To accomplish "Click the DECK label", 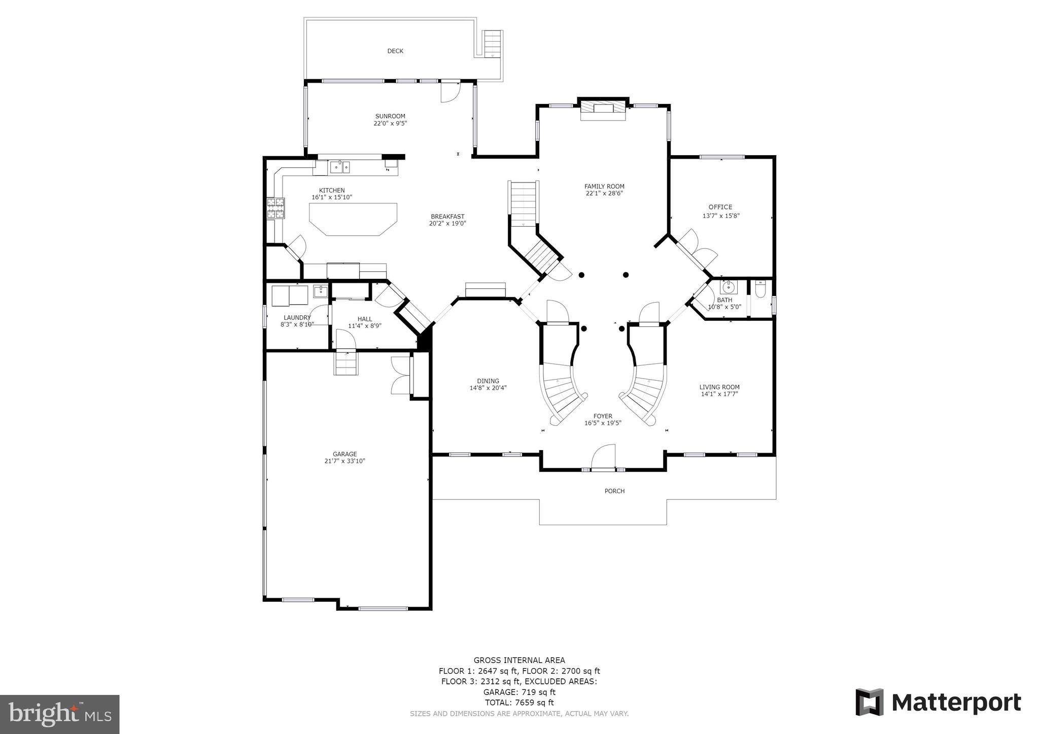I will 395,51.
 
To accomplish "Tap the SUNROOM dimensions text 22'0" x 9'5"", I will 390,123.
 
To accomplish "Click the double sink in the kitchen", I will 340,166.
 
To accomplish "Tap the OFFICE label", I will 720,207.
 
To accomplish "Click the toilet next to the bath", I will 760,290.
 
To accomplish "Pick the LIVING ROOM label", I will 719,387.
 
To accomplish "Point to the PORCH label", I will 614,491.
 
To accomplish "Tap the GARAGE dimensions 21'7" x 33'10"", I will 345,461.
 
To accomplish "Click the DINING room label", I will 488,381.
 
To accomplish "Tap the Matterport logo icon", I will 870,702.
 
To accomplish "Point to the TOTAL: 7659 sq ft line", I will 519,703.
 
